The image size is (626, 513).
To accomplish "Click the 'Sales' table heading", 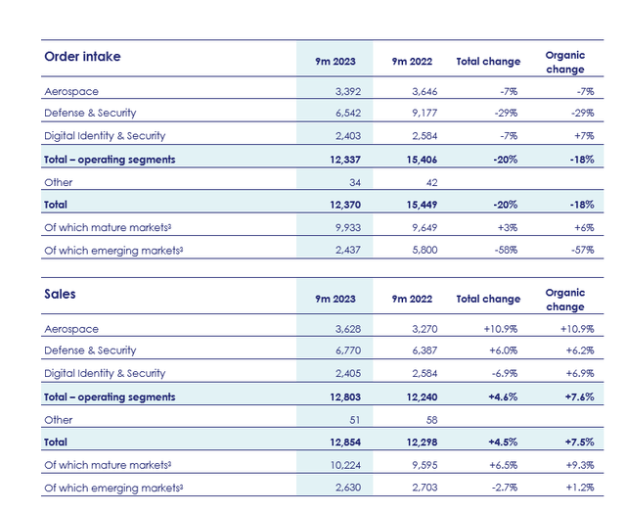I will [60, 293].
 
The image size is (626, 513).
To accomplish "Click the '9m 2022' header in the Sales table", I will [413, 299].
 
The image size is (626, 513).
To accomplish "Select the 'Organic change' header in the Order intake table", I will [564, 62].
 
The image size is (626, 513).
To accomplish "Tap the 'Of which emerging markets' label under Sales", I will [113, 488].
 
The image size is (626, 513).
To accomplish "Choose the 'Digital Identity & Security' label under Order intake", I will [105, 136].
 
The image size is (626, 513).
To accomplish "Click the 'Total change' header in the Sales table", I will [488, 299].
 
